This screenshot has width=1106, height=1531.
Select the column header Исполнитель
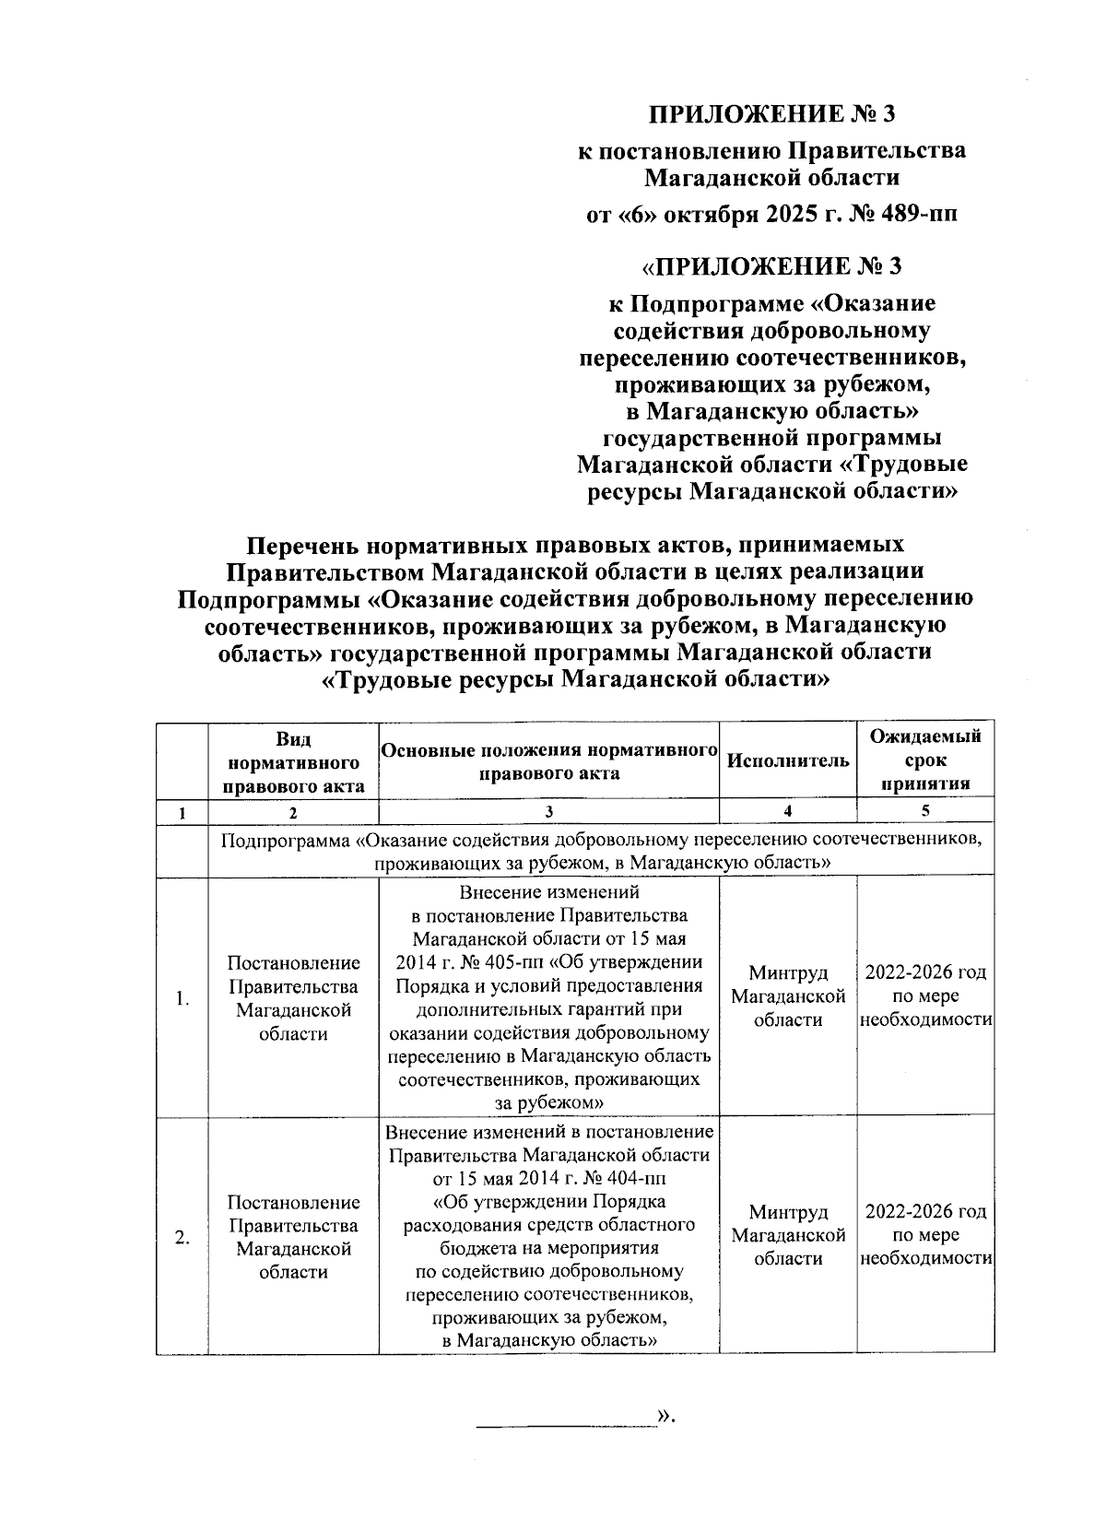click(x=787, y=760)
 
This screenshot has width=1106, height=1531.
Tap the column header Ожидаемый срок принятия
click(x=925, y=760)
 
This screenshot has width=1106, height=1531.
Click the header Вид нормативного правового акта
click(x=293, y=762)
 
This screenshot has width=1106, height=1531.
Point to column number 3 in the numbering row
click(x=548, y=811)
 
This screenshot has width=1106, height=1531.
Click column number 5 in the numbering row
click(x=925, y=811)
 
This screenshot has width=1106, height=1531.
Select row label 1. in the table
click(x=182, y=999)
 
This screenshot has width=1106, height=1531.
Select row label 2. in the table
click(x=182, y=1238)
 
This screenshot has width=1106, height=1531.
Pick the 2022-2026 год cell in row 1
click(x=925, y=973)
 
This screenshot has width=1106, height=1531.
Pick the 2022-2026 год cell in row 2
click(x=925, y=1212)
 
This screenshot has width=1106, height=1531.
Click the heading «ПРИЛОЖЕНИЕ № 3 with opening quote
click(x=771, y=266)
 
